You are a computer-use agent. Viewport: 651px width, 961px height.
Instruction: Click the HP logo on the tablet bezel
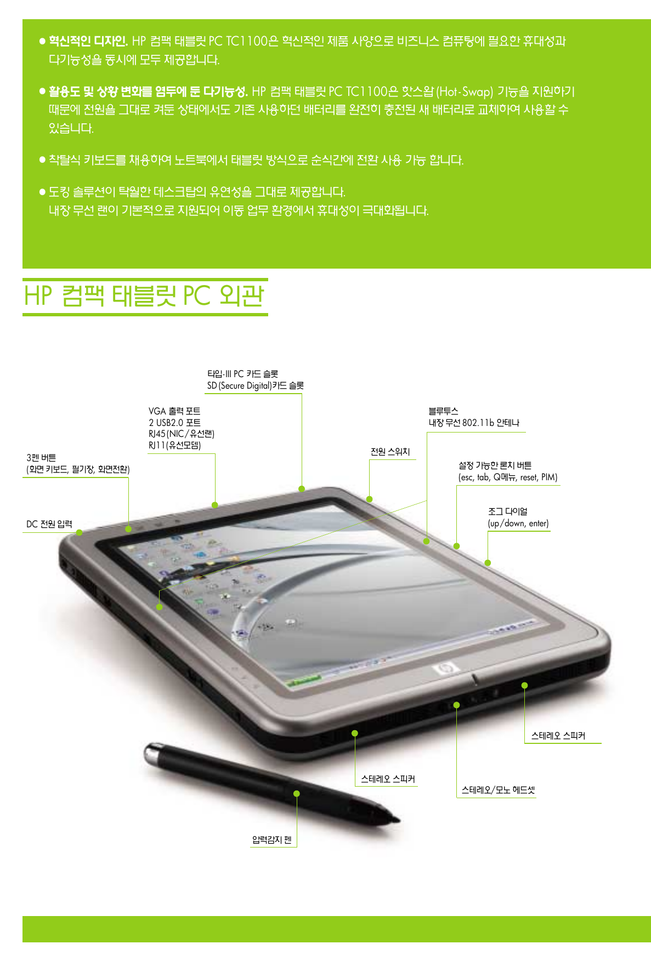[444, 668]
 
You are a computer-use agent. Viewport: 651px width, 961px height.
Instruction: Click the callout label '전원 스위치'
[390, 452]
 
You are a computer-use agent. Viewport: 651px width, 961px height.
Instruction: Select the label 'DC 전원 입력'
[49, 524]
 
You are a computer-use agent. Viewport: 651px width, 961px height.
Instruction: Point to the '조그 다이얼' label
[508, 511]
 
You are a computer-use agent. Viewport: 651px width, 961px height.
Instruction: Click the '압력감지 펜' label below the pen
[272, 840]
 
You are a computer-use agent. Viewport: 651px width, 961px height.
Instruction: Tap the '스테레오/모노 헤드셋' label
[497, 790]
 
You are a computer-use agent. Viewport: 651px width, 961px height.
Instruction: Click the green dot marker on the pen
[297, 793]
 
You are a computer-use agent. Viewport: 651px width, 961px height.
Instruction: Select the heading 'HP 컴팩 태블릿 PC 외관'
[144, 296]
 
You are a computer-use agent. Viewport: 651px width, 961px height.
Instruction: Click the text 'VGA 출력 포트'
[174, 411]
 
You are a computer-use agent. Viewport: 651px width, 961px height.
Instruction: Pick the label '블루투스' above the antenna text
[443, 411]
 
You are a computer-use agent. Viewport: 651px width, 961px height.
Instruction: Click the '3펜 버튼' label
[41, 458]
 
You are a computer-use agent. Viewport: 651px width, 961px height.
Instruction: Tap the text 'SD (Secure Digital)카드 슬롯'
[255, 386]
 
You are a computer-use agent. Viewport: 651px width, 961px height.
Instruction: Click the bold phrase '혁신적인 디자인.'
[88, 41]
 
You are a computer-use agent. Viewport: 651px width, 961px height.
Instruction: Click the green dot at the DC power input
[80, 532]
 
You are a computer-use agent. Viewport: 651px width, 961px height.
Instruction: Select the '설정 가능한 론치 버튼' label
[495, 465]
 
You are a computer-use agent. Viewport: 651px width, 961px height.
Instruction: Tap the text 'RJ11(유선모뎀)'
[174, 445]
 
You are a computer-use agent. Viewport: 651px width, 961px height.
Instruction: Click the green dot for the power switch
[370, 499]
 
